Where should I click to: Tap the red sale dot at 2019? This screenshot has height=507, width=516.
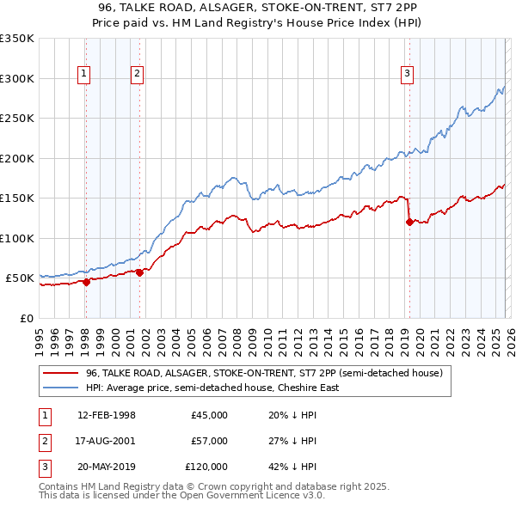pyautogui.click(x=409, y=223)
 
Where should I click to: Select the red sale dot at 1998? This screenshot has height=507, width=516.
pyautogui.click(x=86, y=282)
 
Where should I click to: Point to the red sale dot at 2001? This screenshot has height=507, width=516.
pyautogui.click(x=139, y=272)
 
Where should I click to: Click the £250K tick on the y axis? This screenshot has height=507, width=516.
pyautogui.click(x=17, y=119)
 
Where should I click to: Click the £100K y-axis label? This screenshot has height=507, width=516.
pyautogui.click(x=17, y=238)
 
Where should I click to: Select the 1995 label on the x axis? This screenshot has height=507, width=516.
pyautogui.click(x=40, y=335)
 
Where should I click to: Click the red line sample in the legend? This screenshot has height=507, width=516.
pyautogui.click(x=60, y=373)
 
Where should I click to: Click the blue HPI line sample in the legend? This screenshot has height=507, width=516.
pyautogui.click(x=60, y=388)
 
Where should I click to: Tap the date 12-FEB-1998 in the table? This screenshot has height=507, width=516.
pyautogui.click(x=106, y=415)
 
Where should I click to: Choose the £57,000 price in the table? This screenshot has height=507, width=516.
pyautogui.click(x=209, y=441)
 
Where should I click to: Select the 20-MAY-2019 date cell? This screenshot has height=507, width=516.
pyautogui.click(x=106, y=467)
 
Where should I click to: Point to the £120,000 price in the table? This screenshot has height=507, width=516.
pyautogui.click(x=206, y=467)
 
